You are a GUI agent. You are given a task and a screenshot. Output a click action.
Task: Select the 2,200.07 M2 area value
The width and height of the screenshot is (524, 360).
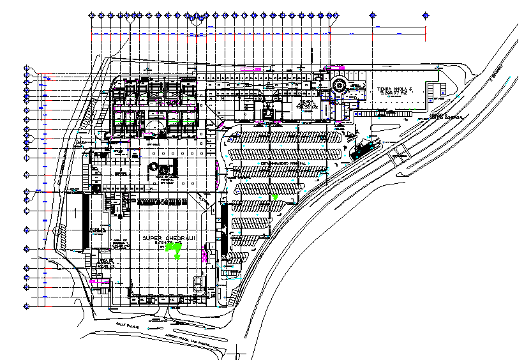(x=393, y=94)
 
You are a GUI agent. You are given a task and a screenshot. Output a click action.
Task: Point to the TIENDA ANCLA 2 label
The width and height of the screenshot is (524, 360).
(x=307, y=103)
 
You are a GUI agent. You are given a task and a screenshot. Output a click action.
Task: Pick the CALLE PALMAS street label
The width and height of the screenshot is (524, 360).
(x=126, y=324)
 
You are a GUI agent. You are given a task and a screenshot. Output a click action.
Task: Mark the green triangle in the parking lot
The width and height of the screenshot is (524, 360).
(x=275, y=198)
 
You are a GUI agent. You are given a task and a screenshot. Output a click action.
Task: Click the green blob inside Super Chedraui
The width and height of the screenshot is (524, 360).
(x=172, y=253)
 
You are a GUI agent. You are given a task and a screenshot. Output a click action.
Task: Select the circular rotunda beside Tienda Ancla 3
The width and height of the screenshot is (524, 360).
(x=339, y=84)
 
